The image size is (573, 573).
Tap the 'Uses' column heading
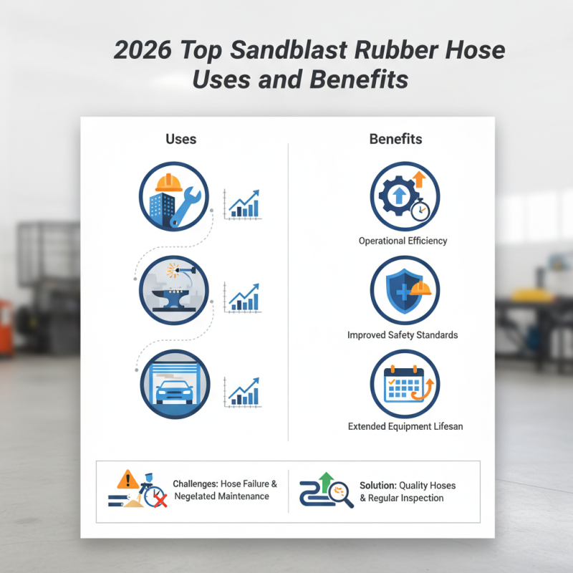(180, 139)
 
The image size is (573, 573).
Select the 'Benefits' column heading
(395, 139)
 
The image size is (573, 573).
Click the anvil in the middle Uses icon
(175, 299)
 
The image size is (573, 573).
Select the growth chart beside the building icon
(243, 204)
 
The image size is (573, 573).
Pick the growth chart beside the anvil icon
(243, 297)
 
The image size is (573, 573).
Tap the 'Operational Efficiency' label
(403, 241)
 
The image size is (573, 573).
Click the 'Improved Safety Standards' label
(403, 334)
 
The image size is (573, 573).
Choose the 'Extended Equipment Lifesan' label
(405, 426)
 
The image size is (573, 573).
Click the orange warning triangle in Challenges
(128, 478)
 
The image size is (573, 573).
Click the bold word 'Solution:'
(377, 485)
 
